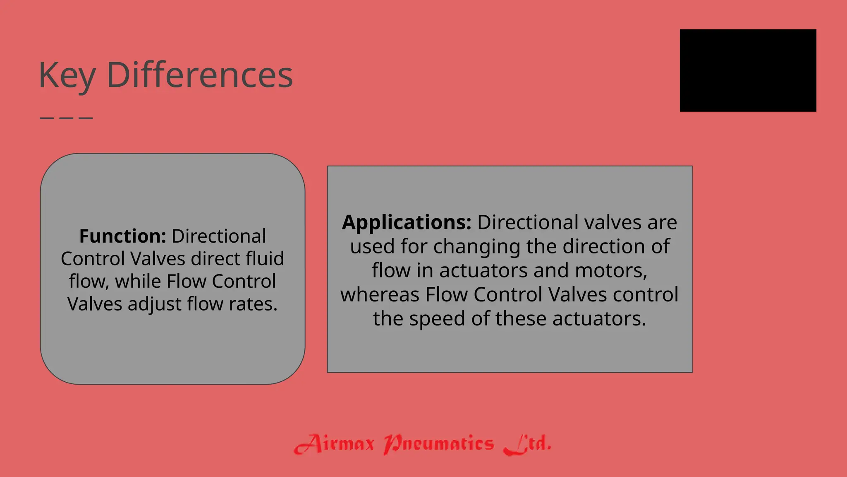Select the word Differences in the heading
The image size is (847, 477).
200,75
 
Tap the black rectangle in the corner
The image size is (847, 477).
748,70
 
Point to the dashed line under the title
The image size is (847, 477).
66,118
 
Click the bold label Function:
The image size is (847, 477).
122,236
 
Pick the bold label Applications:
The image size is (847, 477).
407,222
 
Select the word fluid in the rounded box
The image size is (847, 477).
265,259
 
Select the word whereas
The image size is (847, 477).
380,295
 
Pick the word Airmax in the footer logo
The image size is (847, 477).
334,444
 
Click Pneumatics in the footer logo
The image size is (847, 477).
439,444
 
